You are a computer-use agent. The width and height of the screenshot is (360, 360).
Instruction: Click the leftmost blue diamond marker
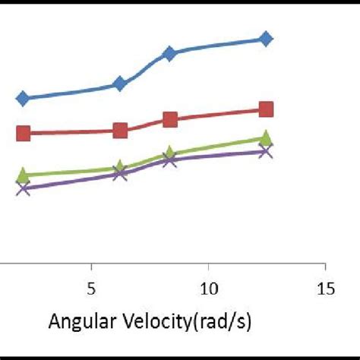point(23,98)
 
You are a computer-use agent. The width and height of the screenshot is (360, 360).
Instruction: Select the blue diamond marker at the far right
point(265,39)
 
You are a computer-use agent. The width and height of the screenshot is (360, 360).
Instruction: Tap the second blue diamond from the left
point(119,84)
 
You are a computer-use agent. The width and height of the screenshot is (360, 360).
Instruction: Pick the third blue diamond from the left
point(169,53)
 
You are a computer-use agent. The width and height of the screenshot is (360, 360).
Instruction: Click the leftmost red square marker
point(23,134)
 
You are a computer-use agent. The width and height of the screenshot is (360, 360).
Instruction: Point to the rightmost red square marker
point(265,110)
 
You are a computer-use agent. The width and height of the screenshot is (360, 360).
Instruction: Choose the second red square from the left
point(119,131)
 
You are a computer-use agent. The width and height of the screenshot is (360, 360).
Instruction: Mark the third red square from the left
point(169,119)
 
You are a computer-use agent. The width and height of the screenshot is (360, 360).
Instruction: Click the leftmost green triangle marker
point(23,175)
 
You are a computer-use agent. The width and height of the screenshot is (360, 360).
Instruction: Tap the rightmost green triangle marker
point(265,138)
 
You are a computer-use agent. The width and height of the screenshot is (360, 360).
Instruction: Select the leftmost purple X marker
point(23,188)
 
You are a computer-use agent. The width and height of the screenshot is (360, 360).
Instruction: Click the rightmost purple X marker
point(265,151)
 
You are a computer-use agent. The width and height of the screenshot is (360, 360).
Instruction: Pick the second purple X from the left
point(119,174)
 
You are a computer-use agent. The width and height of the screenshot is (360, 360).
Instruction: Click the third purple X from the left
point(169,159)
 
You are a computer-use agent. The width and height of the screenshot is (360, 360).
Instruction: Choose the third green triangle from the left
point(169,154)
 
